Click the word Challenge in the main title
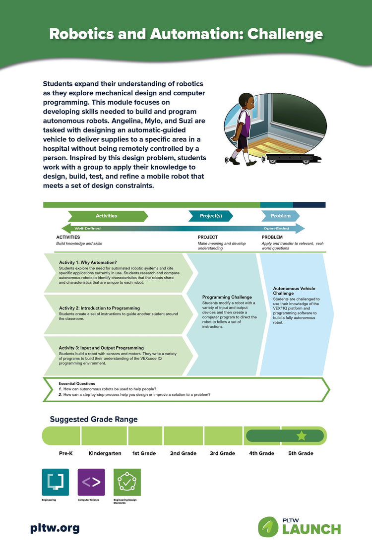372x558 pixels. pyautogui.click(x=285, y=34)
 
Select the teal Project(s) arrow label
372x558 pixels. pyautogui.click(x=211, y=216)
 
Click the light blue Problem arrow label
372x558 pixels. pyautogui.click(x=281, y=216)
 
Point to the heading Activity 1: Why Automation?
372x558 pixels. pyautogui.click(x=88, y=262)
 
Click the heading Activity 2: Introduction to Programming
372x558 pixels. pyautogui.click(x=99, y=308)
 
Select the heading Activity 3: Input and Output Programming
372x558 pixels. pyautogui.click(x=101, y=348)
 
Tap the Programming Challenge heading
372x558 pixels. pyautogui.click(x=227, y=297)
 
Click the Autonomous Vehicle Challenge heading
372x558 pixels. pyautogui.click(x=294, y=291)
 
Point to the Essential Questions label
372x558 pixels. pyautogui.click(x=77, y=383)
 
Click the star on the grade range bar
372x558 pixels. pyautogui.click(x=301, y=436)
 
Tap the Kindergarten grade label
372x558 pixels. pyautogui.click(x=105, y=453)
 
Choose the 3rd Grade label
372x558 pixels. pyautogui.click(x=222, y=453)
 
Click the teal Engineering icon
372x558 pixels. pyautogui.click(x=56, y=482)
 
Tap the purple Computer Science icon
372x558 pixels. pyautogui.click(x=91, y=482)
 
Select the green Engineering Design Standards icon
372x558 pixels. pyautogui.click(x=127, y=482)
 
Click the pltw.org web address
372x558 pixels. pyautogui.click(x=55, y=528)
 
